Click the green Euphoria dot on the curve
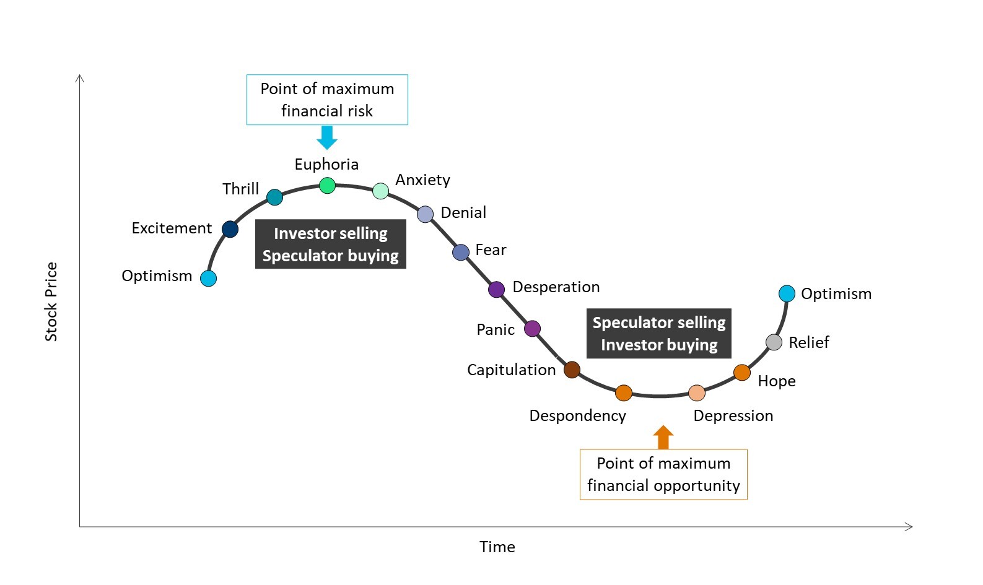pyautogui.click(x=327, y=185)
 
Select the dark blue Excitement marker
pyautogui.click(x=230, y=229)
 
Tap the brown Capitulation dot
pyautogui.click(x=572, y=370)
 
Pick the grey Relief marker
pyautogui.click(x=774, y=342)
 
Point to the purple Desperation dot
pyautogui.click(x=496, y=289)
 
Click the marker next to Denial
pyautogui.click(x=425, y=214)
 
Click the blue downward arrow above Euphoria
pyautogui.click(x=327, y=137)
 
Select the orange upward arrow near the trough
pyautogui.click(x=663, y=437)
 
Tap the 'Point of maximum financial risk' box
pyautogui.click(x=327, y=100)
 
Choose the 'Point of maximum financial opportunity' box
pyautogui.click(x=663, y=474)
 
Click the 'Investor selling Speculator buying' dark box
pyautogui.click(x=330, y=244)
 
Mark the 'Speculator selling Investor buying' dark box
pyautogui.click(x=659, y=333)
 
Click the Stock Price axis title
pyautogui.click(x=51, y=301)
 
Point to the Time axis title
pyautogui.click(x=497, y=547)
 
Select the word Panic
pyautogui.click(x=496, y=329)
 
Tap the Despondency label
pyautogui.click(x=577, y=415)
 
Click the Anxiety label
pyautogui.click(x=422, y=180)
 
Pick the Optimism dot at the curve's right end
pyautogui.click(x=787, y=293)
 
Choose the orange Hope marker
pyautogui.click(x=742, y=372)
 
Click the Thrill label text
pyautogui.click(x=240, y=189)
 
